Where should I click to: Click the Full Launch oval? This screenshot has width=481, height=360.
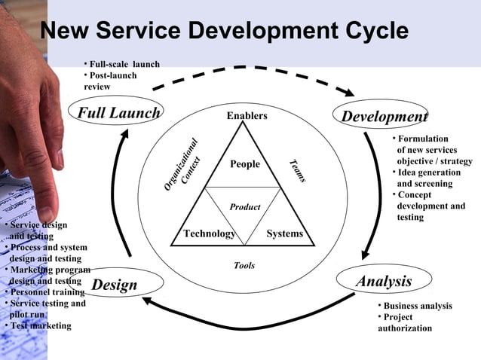(x=119, y=113)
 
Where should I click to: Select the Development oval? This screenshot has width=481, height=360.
(x=384, y=116)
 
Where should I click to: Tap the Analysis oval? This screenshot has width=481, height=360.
(x=384, y=282)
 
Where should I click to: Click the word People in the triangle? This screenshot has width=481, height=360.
(x=245, y=164)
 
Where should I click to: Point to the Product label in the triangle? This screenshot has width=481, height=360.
(x=245, y=207)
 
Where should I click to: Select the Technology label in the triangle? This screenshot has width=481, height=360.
(x=210, y=233)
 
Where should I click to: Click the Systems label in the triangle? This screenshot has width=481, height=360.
(x=284, y=233)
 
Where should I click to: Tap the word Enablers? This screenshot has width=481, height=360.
(x=247, y=116)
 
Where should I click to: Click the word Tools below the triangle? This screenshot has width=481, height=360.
(x=244, y=265)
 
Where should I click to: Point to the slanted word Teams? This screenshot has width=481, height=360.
(x=297, y=171)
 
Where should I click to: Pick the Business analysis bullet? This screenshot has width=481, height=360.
(x=417, y=306)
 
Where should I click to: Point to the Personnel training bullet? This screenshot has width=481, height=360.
(x=45, y=291)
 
